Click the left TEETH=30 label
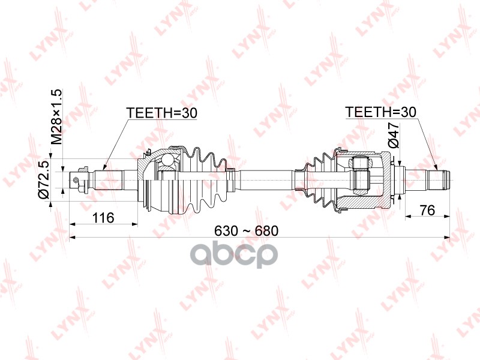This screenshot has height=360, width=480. tap(161, 112)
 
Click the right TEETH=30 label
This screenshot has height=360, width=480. tap(380, 112)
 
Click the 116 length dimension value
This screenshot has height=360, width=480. tap(103, 217)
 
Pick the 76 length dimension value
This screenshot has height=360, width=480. tap(427, 210)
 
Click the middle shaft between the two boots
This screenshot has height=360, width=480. tap(264, 178)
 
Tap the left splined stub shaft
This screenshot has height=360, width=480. tap(108, 178)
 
